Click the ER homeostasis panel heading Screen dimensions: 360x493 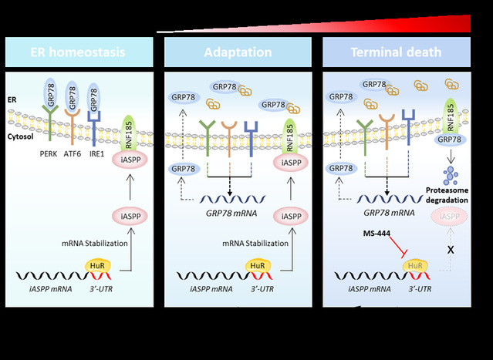click(x=79, y=53)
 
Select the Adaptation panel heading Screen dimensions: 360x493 click(x=238, y=53)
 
